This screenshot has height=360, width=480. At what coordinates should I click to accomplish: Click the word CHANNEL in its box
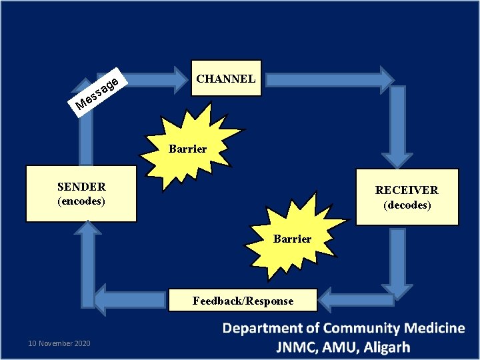click(x=225, y=79)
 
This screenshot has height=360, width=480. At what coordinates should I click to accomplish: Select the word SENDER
click(x=81, y=187)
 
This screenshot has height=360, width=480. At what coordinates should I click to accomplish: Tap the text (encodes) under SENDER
click(x=81, y=201)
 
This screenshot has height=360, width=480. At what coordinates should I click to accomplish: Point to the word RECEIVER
click(x=407, y=191)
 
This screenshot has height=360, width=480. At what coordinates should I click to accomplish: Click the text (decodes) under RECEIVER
click(x=407, y=205)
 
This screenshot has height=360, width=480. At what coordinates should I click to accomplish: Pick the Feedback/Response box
click(x=243, y=301)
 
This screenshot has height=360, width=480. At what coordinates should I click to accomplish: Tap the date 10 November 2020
click(x=59, y=343)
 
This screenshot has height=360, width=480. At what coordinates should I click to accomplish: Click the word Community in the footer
click(x=352, y=328)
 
